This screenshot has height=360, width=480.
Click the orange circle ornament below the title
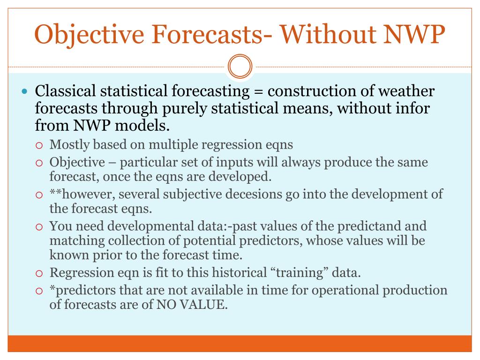pyautogui.click(x=240, y=67)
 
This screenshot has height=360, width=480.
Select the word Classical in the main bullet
pyautogui.click(x=66, y=91)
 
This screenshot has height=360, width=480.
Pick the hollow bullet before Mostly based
pyautogui.click(x=39, y=145)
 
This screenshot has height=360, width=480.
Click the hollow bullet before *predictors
pyautogui.click(x=39, y=291)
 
